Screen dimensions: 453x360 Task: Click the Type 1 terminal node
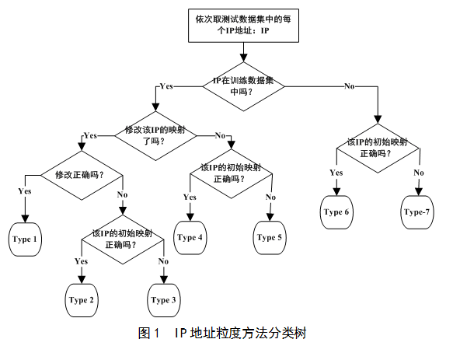[x=25, y=239]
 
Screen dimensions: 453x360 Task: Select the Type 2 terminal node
[x=82, y=300]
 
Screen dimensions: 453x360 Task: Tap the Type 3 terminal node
[x=163, y=300]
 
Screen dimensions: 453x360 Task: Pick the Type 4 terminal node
[x=190, y=238]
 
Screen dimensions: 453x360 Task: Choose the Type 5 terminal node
[x=270, y=238]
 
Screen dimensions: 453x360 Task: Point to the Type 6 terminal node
[x=336, y=212]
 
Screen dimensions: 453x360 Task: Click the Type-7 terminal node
[x=417, y=212]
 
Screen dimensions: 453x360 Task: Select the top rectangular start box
[x=243, y=26]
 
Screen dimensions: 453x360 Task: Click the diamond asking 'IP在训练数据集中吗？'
[x=243, y=86]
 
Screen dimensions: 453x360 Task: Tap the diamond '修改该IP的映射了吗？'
[x=155, y=135]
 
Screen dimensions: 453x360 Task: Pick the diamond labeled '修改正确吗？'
[x=82, y=175]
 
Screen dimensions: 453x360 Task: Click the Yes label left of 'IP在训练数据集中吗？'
[x=166, y=86]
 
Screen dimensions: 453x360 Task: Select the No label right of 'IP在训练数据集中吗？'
[x=349, y=86]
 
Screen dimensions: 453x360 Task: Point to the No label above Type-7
[x=419, y=173]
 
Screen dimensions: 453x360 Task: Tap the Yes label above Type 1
[x=25, y=191]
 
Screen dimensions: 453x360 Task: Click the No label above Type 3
[x=163, y=261]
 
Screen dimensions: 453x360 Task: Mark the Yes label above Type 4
[x=190, y=197]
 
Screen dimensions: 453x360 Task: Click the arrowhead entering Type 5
[x=270, y=218]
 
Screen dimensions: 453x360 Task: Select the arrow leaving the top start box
[x=243, y=52]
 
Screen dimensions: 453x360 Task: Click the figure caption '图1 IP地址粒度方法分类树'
[x=222, y=333]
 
